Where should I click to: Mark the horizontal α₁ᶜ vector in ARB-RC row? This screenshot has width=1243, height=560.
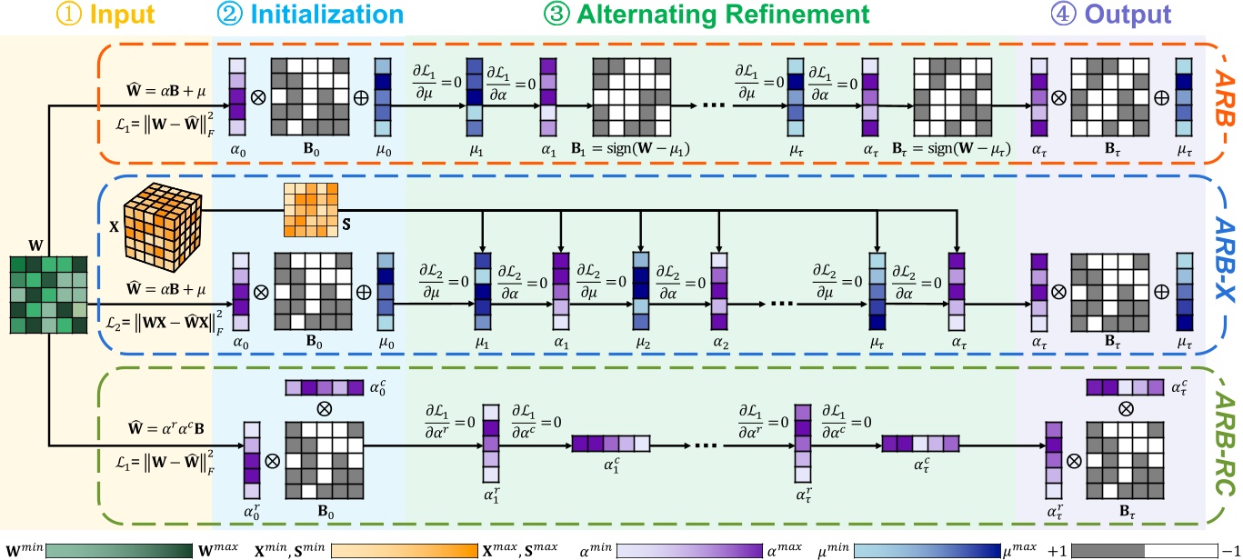click(x=611, y=445)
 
